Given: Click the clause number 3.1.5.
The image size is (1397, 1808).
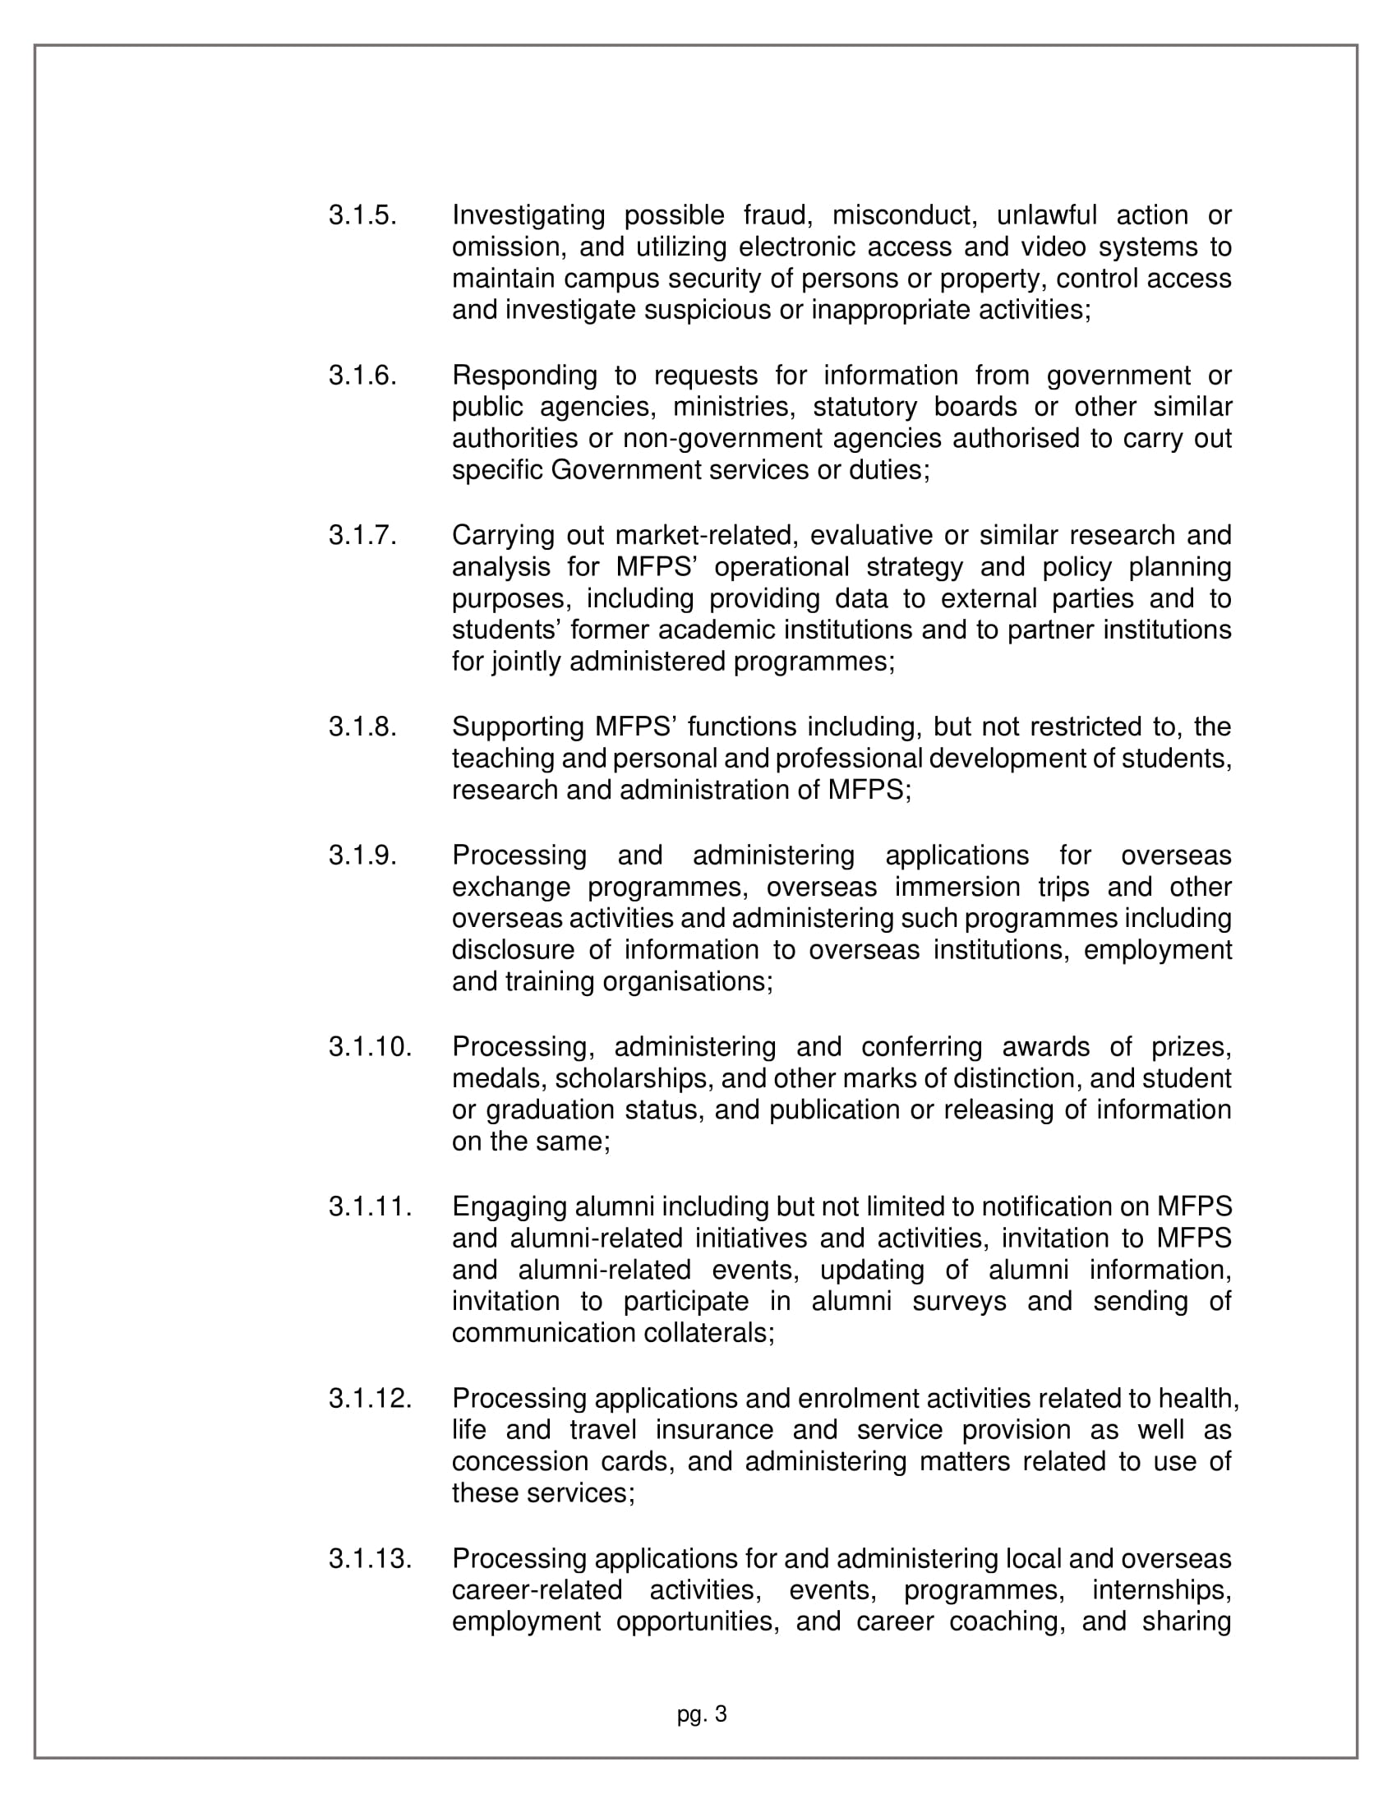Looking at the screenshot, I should [x=362, y=215].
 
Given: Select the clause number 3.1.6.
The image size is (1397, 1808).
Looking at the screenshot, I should [x=362, y=375].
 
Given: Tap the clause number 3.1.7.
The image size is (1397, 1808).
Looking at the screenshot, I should [x=362, y=535].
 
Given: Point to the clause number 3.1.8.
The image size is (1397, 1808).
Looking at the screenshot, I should [x=362, y=726].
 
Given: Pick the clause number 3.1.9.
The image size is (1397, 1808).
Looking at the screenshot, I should [x=362, y=855].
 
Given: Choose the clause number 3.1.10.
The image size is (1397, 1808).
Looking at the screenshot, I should [x=370, y=1046].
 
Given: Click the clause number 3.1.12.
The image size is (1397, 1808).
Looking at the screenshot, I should [x=370, y=1398].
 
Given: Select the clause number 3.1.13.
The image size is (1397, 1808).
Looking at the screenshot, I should [x=370, y=1558].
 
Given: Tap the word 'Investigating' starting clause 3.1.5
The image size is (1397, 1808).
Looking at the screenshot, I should [x=528, y=215].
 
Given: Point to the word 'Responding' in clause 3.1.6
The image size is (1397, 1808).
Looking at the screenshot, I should [x=524, y=375].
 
